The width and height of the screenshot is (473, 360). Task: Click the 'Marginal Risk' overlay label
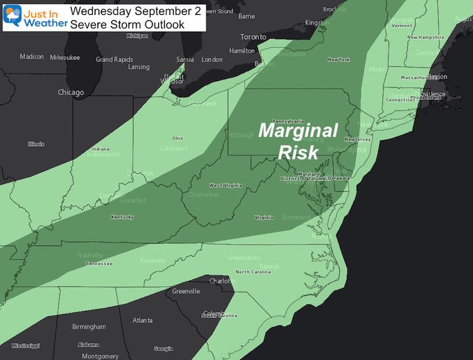pos(298,140)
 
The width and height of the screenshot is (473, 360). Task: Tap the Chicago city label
pos(70,93)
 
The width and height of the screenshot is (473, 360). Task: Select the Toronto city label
pos(254,37)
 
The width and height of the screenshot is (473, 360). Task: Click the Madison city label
pos(31,56)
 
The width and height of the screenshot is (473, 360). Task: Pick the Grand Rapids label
pos(114,59)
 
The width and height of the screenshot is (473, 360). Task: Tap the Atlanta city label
pos(142,320)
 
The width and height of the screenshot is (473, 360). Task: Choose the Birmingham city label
pos(88,327)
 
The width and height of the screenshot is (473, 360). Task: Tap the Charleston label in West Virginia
pos(203,195)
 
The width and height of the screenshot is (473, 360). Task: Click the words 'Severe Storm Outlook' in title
pos(126,24)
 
